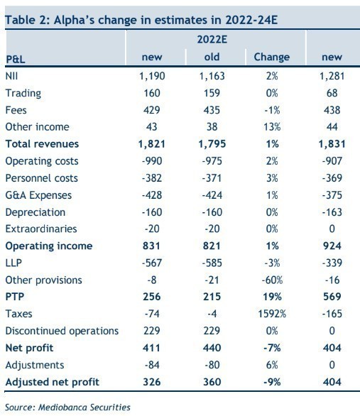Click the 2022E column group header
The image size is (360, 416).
pos(212,40)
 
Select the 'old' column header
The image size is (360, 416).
pos(212,57)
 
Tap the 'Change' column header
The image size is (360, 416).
pos(272,58)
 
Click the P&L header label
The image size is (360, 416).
pos(16,59)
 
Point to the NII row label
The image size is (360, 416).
pos(11,76)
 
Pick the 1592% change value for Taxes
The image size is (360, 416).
pos(272,314)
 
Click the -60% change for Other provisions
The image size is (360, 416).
pos(272,280)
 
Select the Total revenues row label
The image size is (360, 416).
pos(42,144)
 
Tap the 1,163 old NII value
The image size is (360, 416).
pos(212,76)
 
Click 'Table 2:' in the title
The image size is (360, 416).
pos(27,20)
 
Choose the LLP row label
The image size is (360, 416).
pos(13,263)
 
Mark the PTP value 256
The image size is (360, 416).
pos(152,297)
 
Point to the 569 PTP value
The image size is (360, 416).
pos(332,297)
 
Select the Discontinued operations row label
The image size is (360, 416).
pos(62,331)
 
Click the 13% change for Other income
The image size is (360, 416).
pos(272,127)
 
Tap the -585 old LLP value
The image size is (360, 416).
pos(212,263)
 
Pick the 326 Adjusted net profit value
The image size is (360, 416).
pos(152,382)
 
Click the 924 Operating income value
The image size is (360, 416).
pos(332,246)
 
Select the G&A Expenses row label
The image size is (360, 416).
pos(38,195)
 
